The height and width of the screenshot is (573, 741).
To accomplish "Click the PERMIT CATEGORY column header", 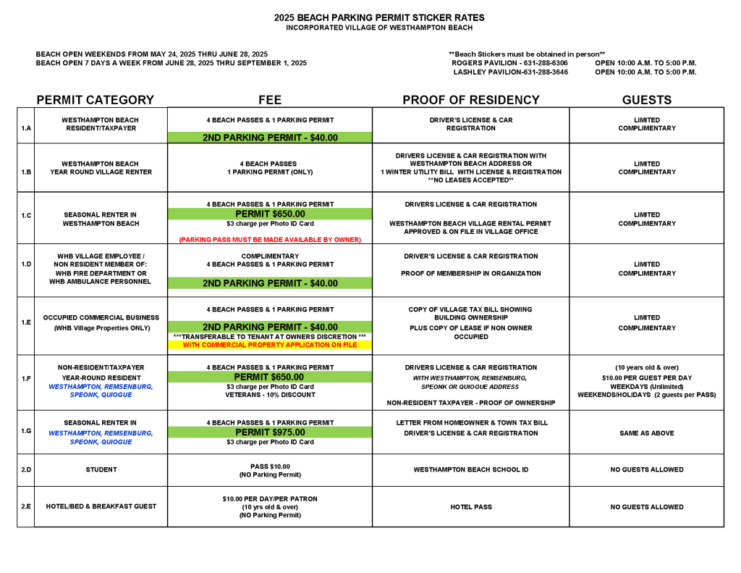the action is pyautogui.click(x=95, y=100).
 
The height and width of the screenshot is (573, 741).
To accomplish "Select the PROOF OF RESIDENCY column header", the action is pyautogui.click(x=471, y=100).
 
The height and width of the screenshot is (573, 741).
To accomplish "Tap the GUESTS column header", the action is pyautogui.click(x=646, y=100).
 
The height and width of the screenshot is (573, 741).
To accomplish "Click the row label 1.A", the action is pyautogui.click(x=26, y=127).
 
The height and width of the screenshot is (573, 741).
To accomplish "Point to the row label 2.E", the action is pyautogui.click(x=26, y=506).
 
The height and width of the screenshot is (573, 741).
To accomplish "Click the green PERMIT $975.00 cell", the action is pyautogui.click(x=270, y=432).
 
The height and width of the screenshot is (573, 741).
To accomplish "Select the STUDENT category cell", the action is pyautogui.click(x=101, y=469).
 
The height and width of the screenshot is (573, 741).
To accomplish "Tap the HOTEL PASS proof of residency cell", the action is pyautogui.click(x=471, y=507).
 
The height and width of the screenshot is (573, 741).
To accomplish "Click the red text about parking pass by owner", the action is pyautogui.click(x=270, y=239).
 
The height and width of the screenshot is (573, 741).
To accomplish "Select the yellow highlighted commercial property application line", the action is pyautogui.click(x=270, y=345).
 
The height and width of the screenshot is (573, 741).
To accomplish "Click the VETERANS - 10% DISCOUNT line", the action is pyautogui.click(x=270, y=395).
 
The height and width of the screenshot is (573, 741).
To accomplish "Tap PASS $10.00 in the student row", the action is pyautogui.click(x=270, y=466).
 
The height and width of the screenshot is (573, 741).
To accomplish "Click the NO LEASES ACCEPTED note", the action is pyautogui.click(x=471, y=180).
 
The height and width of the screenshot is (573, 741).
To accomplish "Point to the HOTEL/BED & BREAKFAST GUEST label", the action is pyautogui.click(x=101, y=506).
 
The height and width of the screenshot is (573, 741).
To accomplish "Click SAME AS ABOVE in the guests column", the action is pyautogui.click(x=646, y=433).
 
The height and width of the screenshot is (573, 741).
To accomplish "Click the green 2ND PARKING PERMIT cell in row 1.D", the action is pyautogui.click(x=270, y=283).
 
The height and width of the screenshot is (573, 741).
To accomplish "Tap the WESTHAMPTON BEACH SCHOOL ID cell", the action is pyautogui.click(x=471, y=469).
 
